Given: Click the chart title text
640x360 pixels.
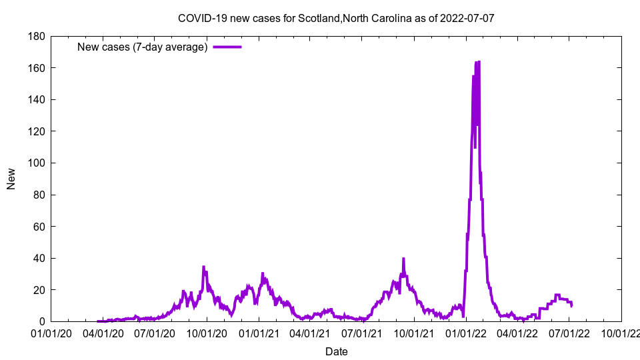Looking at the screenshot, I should point(336,18).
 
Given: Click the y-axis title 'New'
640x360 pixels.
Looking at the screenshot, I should point(11,179).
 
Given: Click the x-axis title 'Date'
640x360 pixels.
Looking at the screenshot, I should point(336,351).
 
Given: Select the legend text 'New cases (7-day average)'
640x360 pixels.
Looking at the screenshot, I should point(143,47).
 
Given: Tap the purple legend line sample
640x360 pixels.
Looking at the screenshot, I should point(227,47).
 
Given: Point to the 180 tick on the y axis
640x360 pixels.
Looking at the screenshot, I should point(35,36).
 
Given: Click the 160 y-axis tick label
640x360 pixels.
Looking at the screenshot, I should point(35,68).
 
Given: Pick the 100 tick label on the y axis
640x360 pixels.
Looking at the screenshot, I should point(35,163).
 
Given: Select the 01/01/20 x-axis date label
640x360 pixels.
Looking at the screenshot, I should point(51,333).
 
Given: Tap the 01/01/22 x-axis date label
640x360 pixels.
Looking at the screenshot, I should point(465,333).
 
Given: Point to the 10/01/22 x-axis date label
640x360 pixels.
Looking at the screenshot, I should point(621,333).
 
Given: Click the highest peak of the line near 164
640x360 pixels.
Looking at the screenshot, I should point(479,62).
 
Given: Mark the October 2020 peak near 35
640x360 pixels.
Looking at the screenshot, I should point(203,267).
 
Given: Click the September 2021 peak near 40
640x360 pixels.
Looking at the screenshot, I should point(403,259).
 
